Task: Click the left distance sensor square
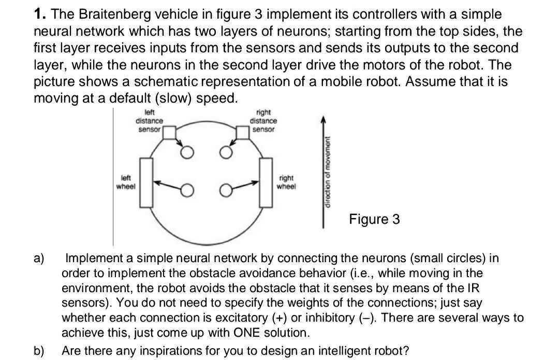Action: coord(169,133)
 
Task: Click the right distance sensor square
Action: coord(242,133)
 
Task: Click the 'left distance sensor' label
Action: coord(149,120)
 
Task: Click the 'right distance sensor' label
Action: coord(263,120)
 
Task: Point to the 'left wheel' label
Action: coord(126,182)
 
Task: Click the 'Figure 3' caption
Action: coord(374,219)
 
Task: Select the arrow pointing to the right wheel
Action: coord(245,185)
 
